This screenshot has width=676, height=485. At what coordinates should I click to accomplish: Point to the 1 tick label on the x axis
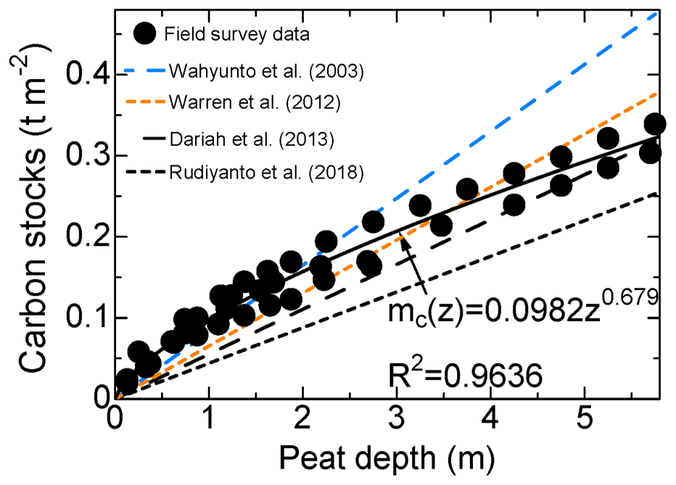tap(210, 420)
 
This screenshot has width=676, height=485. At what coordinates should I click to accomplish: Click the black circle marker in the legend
tap(145, 33)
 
